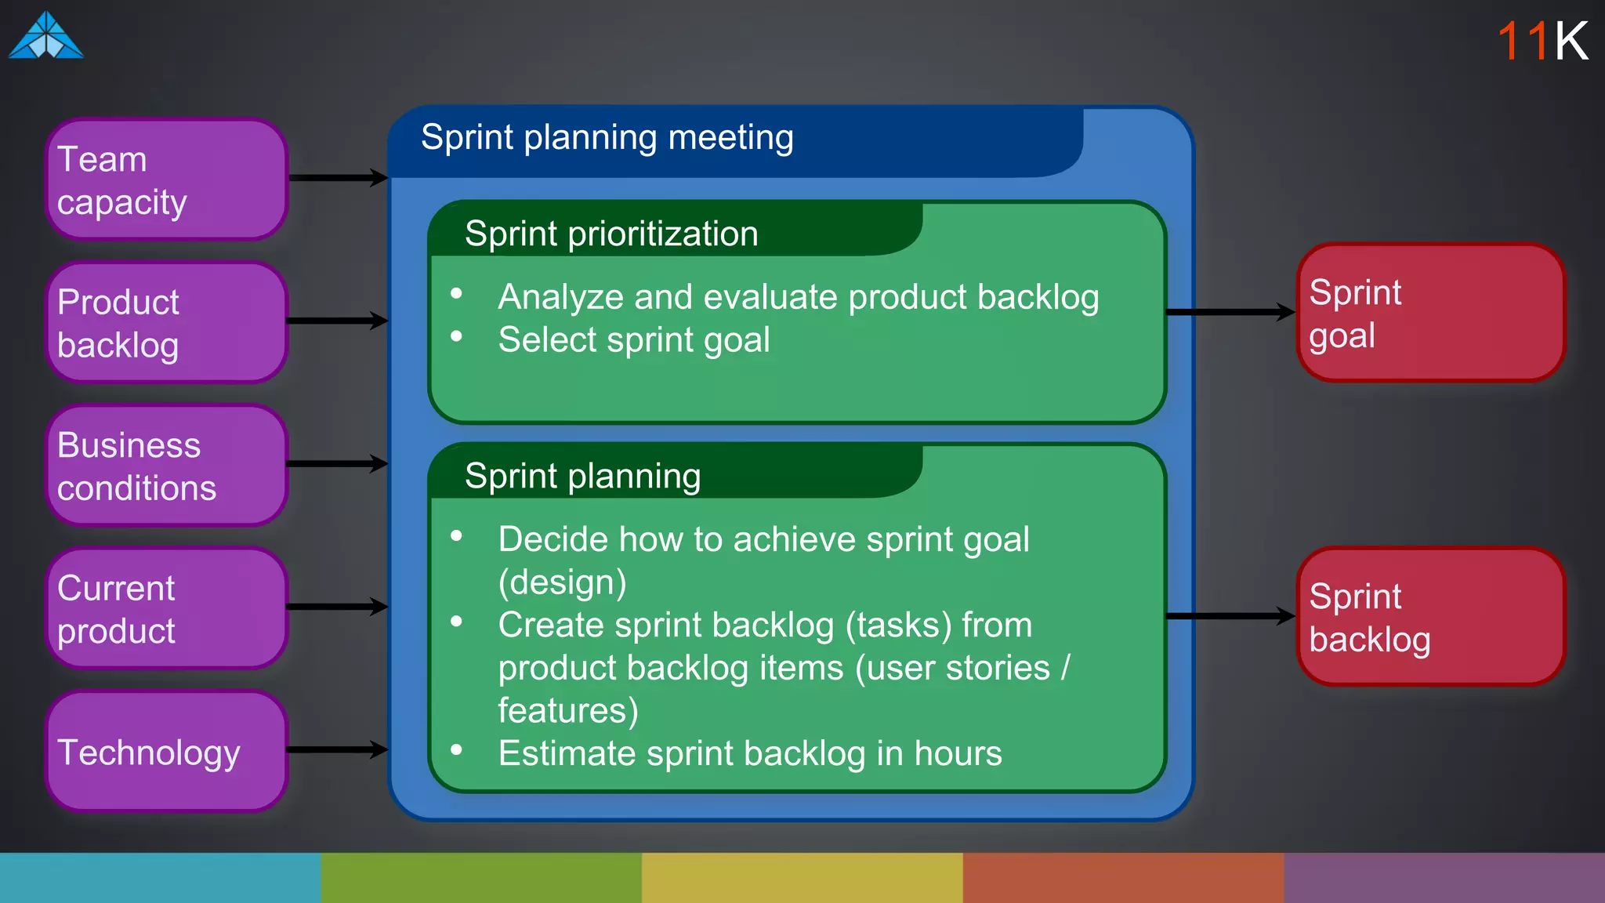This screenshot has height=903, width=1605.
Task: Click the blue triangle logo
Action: click(x=45, y=36)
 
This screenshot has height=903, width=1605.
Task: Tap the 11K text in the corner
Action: click(x=1542, y=41)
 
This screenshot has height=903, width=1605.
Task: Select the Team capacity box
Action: click(x=167, y=180)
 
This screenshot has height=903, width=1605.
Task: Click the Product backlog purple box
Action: click(x=167, y=322)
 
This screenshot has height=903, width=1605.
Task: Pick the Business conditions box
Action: click(x=167, y=466)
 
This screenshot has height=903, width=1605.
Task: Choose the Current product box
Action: click(x=167, y=608)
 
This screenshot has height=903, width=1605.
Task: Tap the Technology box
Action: click(x=167, y=751)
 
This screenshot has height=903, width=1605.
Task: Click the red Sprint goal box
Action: click(x=1431, y=313)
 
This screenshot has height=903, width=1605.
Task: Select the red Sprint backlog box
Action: click(x=1431, y=617)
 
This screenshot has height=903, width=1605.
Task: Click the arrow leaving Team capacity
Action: click(x=338, y=178)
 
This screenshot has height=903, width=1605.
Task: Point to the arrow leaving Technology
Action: click(x=338, y=750)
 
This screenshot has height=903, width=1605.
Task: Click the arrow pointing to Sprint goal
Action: click(x=1230, y=312)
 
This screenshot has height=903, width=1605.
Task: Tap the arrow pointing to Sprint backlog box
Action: click(x=1230, y=616)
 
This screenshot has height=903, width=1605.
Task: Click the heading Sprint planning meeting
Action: click(x=607, y=138)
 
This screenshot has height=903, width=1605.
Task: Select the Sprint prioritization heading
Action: click(x=611, y=234)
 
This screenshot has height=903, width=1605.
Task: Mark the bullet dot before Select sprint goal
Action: click(x=457, y=336)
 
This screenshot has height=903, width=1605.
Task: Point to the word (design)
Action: click(x=562, y=582)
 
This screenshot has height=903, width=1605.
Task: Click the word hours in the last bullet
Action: click(x=958, y=754)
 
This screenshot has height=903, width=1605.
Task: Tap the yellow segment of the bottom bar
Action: click(x=802, y=878)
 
